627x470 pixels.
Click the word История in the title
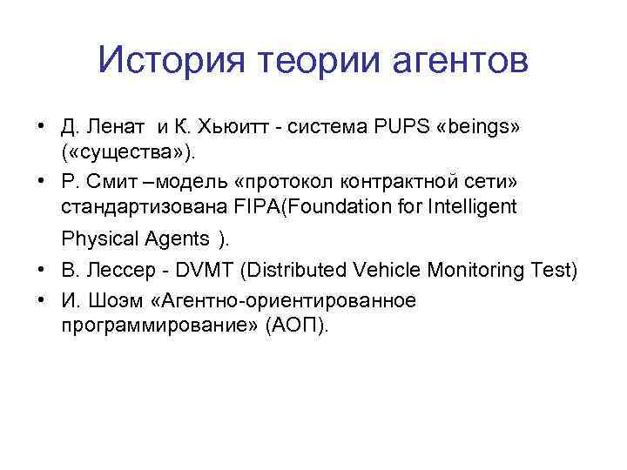[x=166, y=61]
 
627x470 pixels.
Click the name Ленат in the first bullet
[x=118, y=128]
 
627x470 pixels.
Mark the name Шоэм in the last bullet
[x=114, y=300]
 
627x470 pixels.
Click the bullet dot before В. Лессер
[x=40, y=270]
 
